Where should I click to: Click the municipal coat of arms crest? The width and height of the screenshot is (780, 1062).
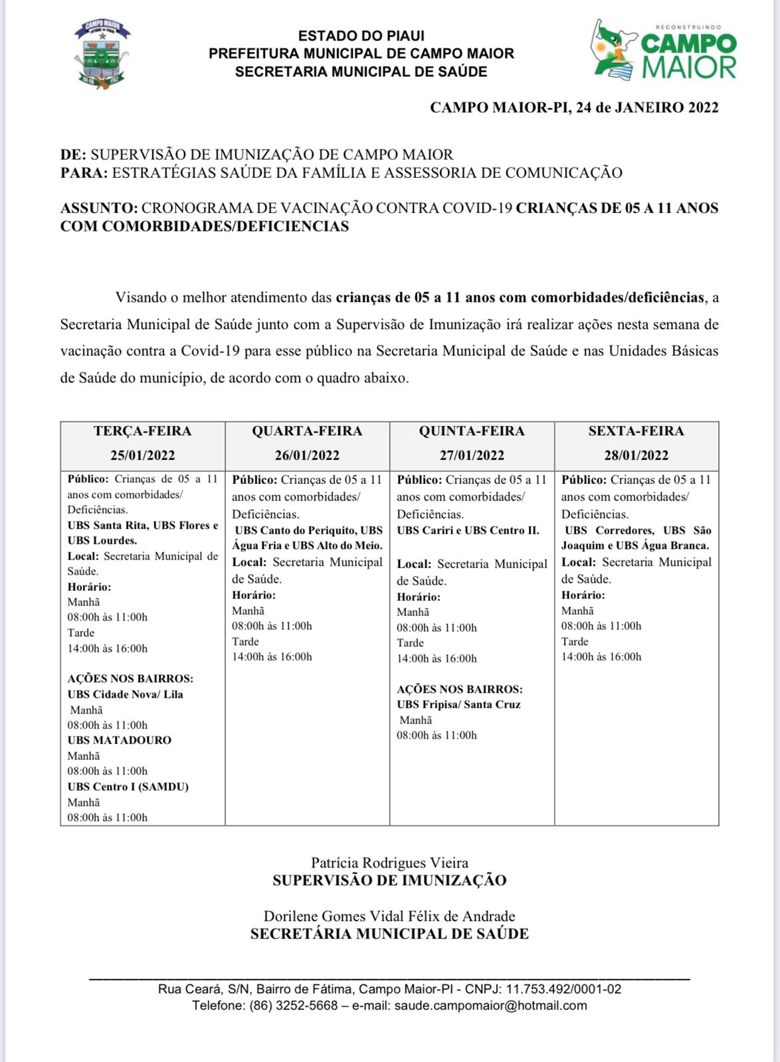pos(101,54)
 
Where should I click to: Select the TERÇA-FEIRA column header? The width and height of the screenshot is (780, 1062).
pos(142,431)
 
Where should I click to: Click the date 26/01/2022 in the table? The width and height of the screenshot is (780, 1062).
pos(307,455)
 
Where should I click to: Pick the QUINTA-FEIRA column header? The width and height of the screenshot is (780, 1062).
pos(472,431)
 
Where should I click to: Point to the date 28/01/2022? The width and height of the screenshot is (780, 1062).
pos(636,455)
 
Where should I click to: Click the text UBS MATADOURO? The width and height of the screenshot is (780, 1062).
pos(119,740)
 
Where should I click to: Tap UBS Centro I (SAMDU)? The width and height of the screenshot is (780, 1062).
pos(128,787)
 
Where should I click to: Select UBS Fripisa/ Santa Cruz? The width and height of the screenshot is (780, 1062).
pos(458,704)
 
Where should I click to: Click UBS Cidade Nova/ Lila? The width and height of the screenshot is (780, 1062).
pos(125,694)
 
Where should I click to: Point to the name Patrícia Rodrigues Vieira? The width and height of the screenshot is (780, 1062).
pos(389,863)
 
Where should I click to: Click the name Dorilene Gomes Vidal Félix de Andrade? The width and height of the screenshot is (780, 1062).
pos(389,916)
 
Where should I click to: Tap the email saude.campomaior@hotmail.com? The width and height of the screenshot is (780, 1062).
pos(490,1006)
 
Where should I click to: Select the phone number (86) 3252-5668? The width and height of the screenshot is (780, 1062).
pos(293,1006)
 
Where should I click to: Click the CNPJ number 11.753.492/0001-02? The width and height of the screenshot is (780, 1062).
pos(563,989)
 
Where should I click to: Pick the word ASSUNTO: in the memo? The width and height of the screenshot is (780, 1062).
pos(99,208)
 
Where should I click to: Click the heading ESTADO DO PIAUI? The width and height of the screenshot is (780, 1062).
pos(361,36)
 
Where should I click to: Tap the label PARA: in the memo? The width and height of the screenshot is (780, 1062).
pos(84,173)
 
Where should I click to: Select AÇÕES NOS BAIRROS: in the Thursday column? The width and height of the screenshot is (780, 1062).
pos(460,689)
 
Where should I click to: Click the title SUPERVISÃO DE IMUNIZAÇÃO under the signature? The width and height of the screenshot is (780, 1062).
pos(389,881)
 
